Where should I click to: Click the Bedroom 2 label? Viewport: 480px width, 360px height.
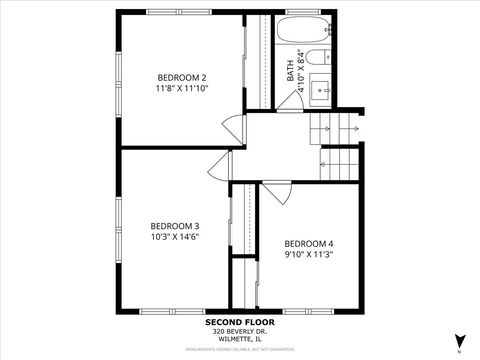tap(182, 77)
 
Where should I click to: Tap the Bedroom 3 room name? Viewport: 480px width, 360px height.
tap(175, 225)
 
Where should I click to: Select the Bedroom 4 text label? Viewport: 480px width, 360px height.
tap(309, 244)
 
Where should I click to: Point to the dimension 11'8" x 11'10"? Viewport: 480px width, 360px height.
tap(182, 88)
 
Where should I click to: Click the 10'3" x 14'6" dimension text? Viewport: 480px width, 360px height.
tap(175, 237)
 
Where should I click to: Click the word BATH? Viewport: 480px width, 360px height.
tap(291, 71)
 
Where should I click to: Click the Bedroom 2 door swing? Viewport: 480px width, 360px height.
tap(234, 129)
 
